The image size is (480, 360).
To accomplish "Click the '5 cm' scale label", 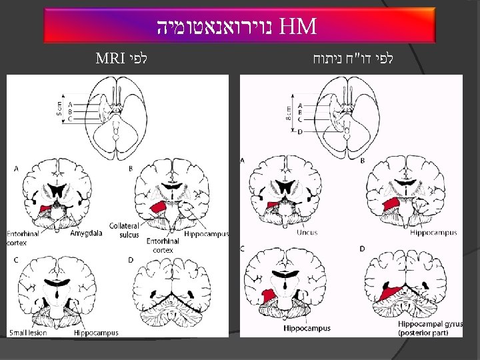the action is [59, 107].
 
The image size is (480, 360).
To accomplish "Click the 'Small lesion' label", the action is [28, 332].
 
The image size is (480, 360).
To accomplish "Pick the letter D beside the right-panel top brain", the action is [300, 132].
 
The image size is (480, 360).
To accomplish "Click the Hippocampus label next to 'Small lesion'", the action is [96, 332].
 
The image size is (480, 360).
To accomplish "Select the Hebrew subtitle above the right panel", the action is [353, 57].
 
